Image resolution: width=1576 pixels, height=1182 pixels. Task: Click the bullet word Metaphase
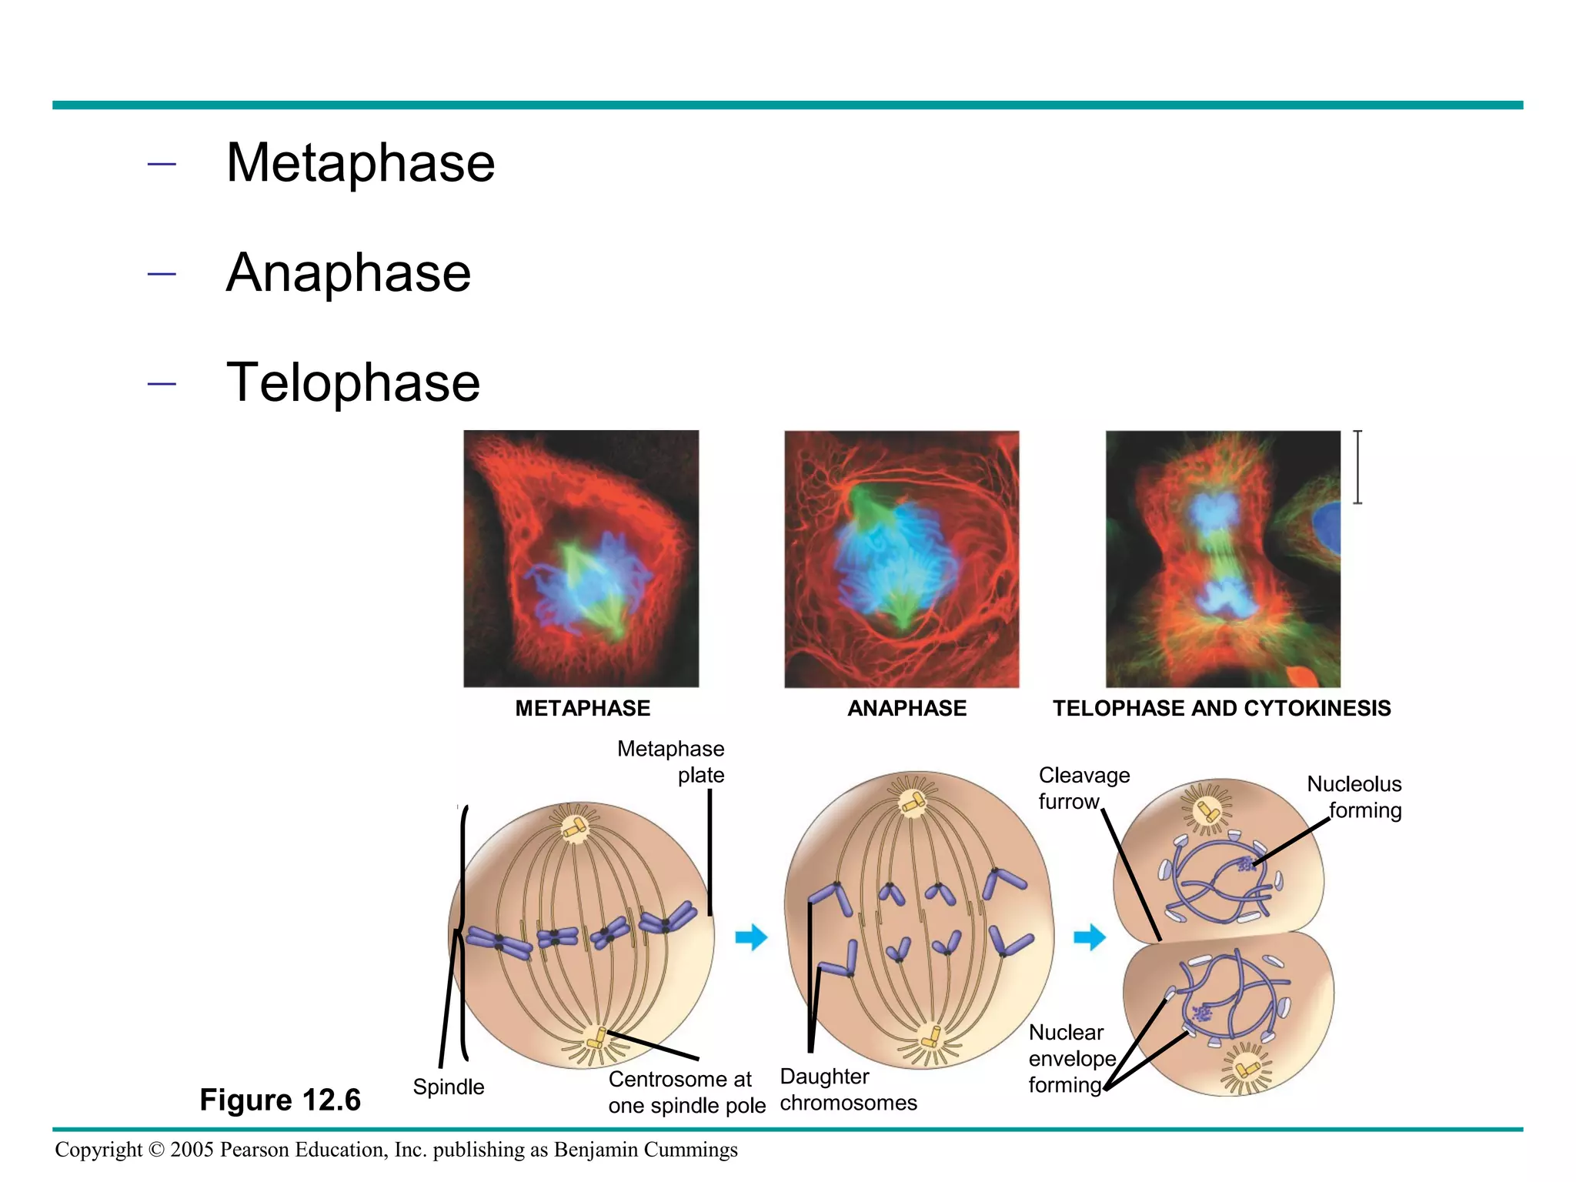pos(360,163)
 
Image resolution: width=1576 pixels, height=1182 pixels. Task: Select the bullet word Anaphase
pos(348,273)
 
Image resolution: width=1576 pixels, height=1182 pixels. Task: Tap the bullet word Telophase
pos(352,383)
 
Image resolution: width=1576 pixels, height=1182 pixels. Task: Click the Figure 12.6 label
pos(280,1100)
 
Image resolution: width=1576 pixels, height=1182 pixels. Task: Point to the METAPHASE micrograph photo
pos(581,558)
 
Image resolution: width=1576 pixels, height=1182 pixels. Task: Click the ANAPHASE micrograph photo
pos(901,558)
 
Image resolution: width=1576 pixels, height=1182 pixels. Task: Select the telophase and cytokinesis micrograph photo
pos(1222,558)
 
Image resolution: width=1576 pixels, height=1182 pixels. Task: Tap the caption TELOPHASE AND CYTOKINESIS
pos(1221,708)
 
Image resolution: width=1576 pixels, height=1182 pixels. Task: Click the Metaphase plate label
pos(671,762)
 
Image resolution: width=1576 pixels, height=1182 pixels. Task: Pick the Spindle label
pos(449,1087)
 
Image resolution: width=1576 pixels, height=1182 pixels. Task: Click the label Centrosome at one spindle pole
pos(686,1092)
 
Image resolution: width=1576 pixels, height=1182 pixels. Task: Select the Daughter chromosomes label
pos(848,1090)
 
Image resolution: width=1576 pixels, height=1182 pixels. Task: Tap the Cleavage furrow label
pos(1083,788)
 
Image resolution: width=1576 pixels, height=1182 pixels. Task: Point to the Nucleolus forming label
pos(1354,796)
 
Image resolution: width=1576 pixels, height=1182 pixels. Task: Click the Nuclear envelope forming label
pos(1071,1058)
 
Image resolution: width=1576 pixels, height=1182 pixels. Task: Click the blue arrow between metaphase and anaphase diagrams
pos(751,937)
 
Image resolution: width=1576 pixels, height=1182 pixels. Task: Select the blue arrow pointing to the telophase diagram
pos(1090,937)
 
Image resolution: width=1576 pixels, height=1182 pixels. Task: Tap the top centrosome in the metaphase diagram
pos(574,828)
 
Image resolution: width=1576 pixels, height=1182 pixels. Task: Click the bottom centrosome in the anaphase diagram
pos(931,1037)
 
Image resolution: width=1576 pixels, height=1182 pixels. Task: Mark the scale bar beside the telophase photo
pos(1358,467)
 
